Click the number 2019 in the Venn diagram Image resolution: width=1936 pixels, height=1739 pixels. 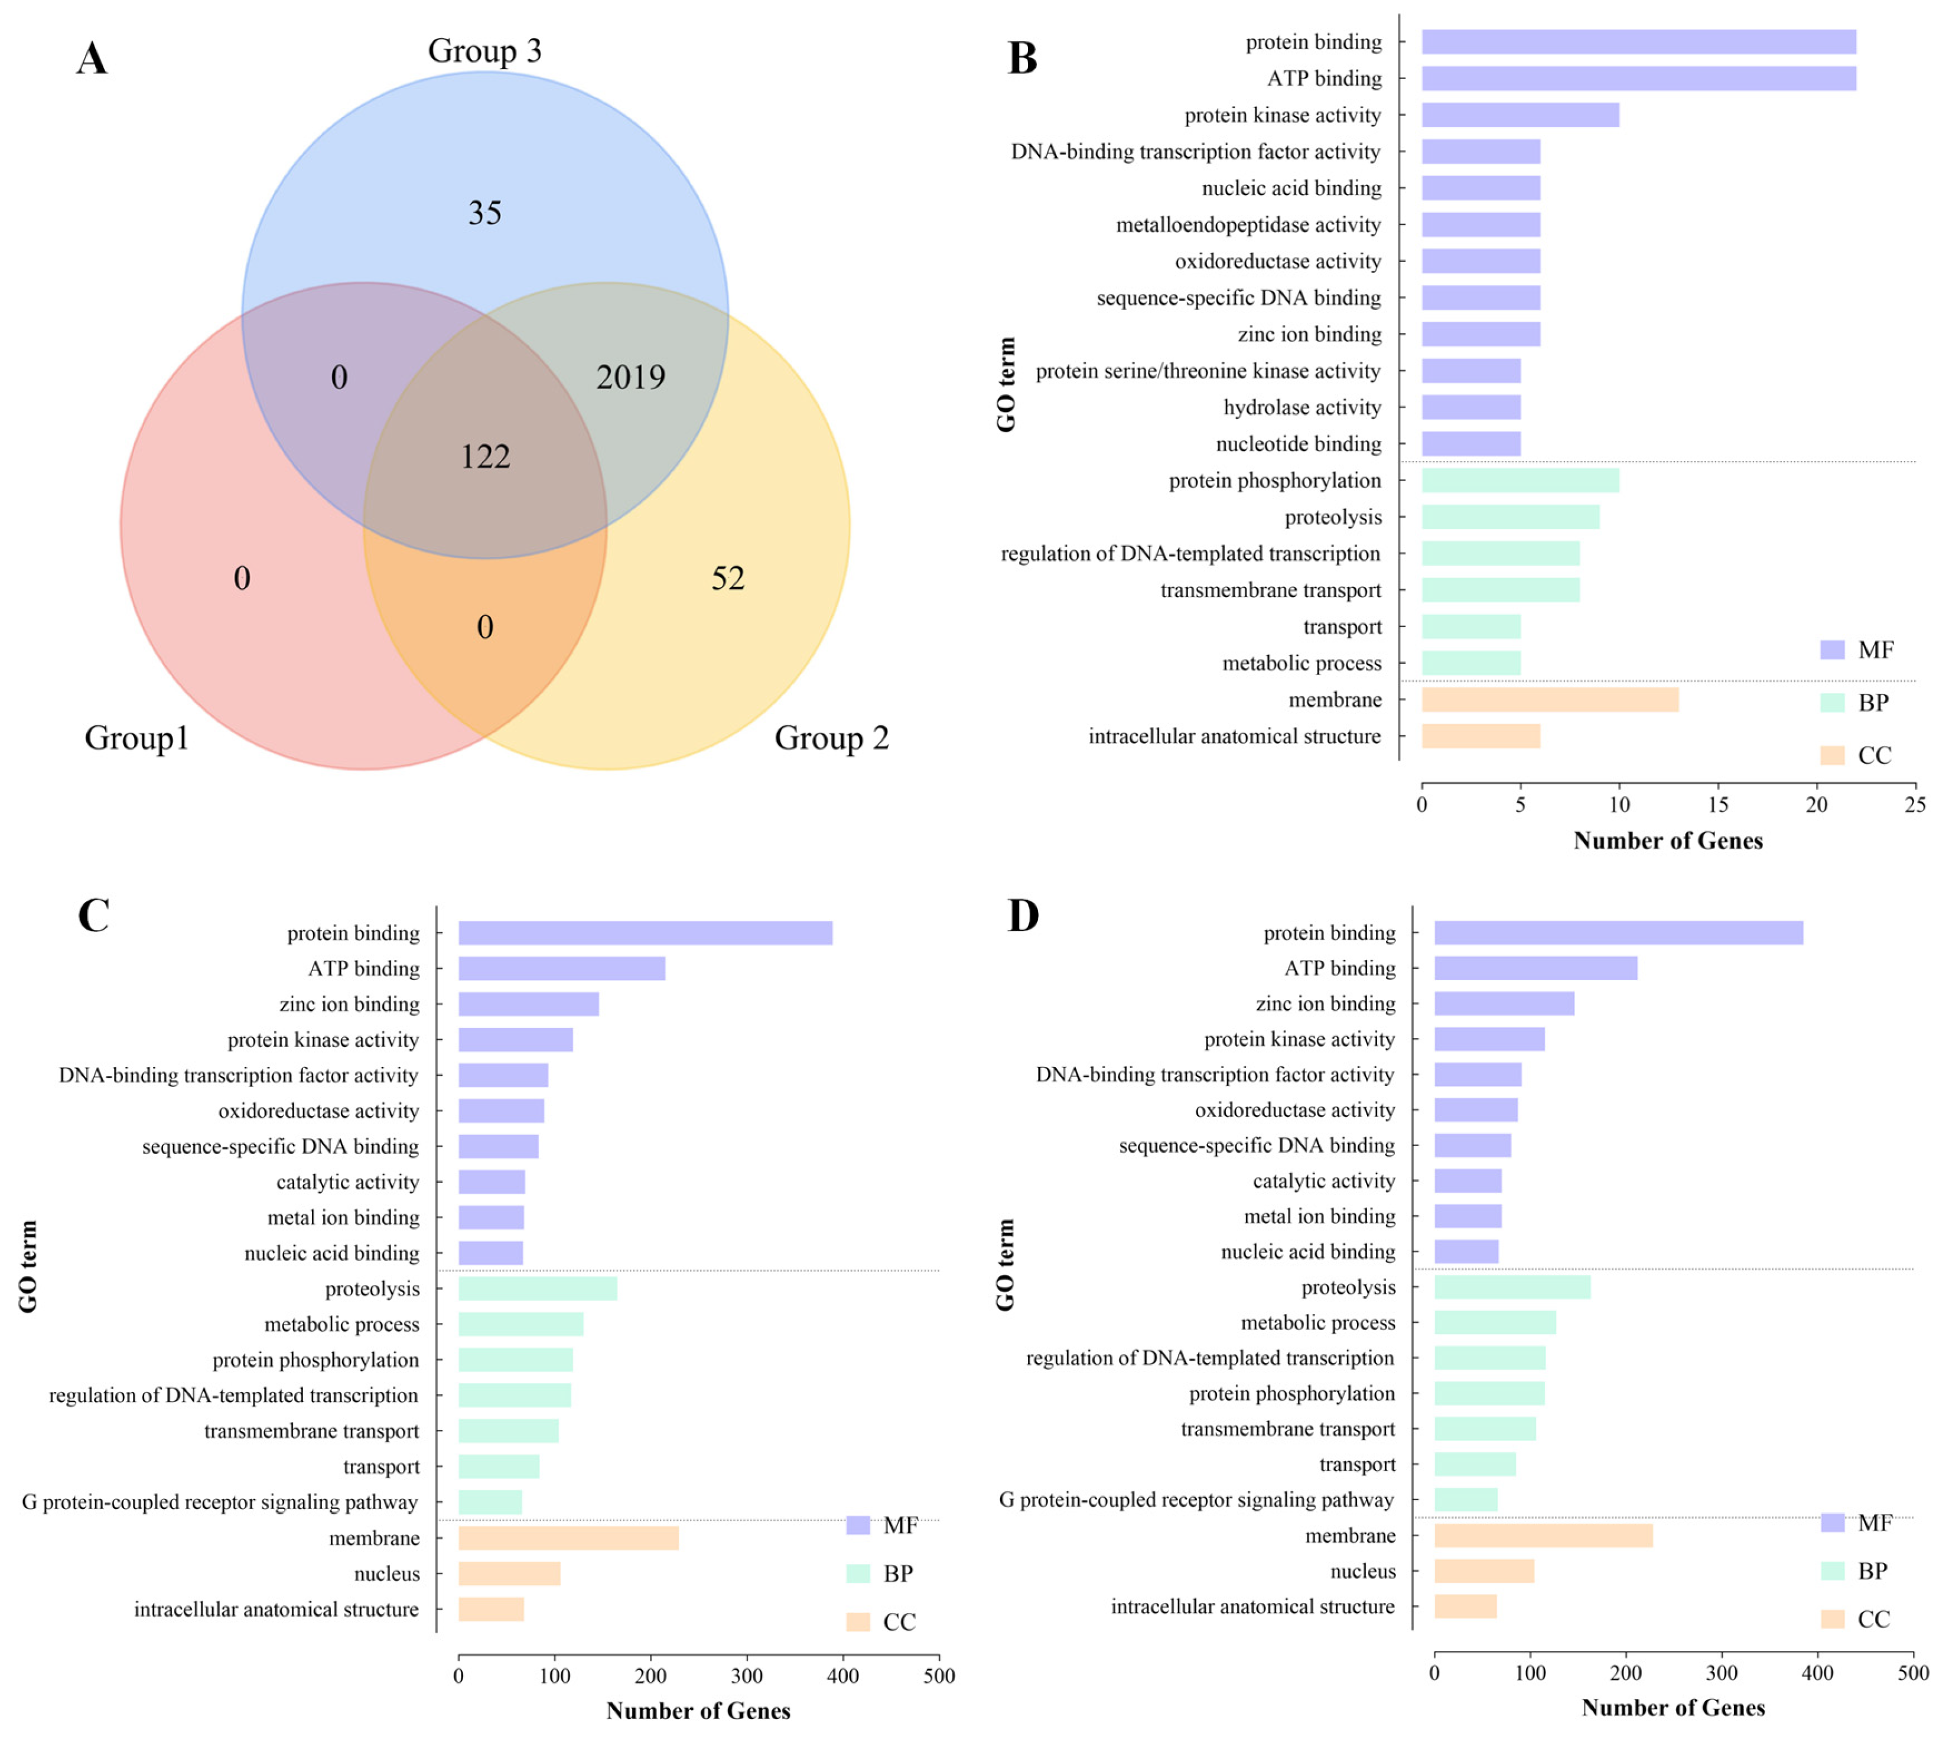(630, 378)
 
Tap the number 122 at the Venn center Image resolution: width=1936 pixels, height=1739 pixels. (485, 457)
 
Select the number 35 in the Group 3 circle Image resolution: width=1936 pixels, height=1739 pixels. (484, 213)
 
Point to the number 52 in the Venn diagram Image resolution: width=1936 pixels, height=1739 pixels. (728, 578)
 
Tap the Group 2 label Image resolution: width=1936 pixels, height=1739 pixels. (831, 738)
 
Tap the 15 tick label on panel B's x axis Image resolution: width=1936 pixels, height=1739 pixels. (1717, 804)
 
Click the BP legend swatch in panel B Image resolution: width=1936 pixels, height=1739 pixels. (1832, 702)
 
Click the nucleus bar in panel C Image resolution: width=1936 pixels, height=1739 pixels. (509, 1573)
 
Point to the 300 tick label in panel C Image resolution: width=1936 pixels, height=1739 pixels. (747, 1675)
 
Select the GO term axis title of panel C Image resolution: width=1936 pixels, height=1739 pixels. (29, 1266)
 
